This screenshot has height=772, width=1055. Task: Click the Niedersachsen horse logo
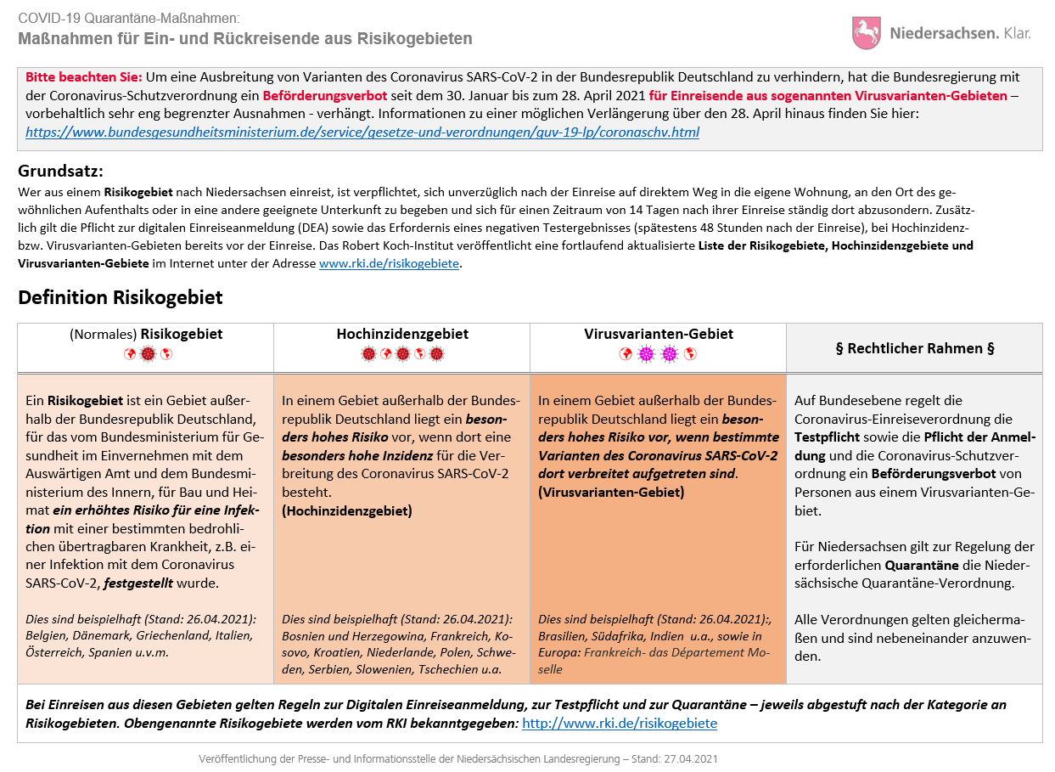point(866,33)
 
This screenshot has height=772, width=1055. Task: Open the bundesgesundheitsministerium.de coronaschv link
point(362,132)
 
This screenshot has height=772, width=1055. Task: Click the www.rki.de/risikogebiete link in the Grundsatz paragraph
point(389,264)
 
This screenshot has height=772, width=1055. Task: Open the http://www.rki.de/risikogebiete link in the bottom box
point(619,724)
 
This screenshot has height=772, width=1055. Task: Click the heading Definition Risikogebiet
point(120,297)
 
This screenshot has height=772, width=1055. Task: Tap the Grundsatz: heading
point(60,171)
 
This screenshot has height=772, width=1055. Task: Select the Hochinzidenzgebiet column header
point(401,335)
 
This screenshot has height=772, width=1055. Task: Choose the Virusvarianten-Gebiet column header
point(658,335)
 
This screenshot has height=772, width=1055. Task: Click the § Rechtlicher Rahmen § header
point(914,348)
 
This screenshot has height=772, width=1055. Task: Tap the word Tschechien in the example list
point(452,669)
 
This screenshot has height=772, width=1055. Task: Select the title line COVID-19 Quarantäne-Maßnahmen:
point(128,18)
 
